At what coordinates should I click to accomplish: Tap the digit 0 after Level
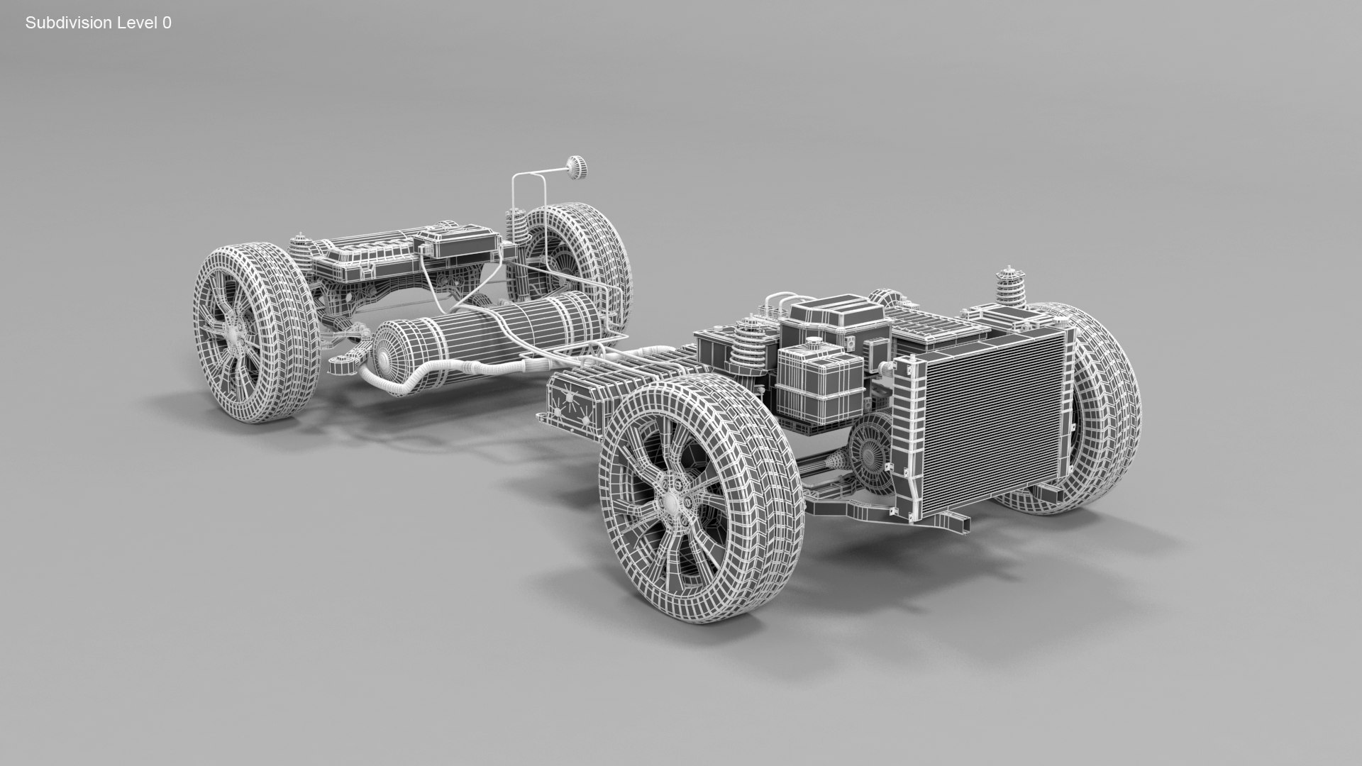coord(167,23)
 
